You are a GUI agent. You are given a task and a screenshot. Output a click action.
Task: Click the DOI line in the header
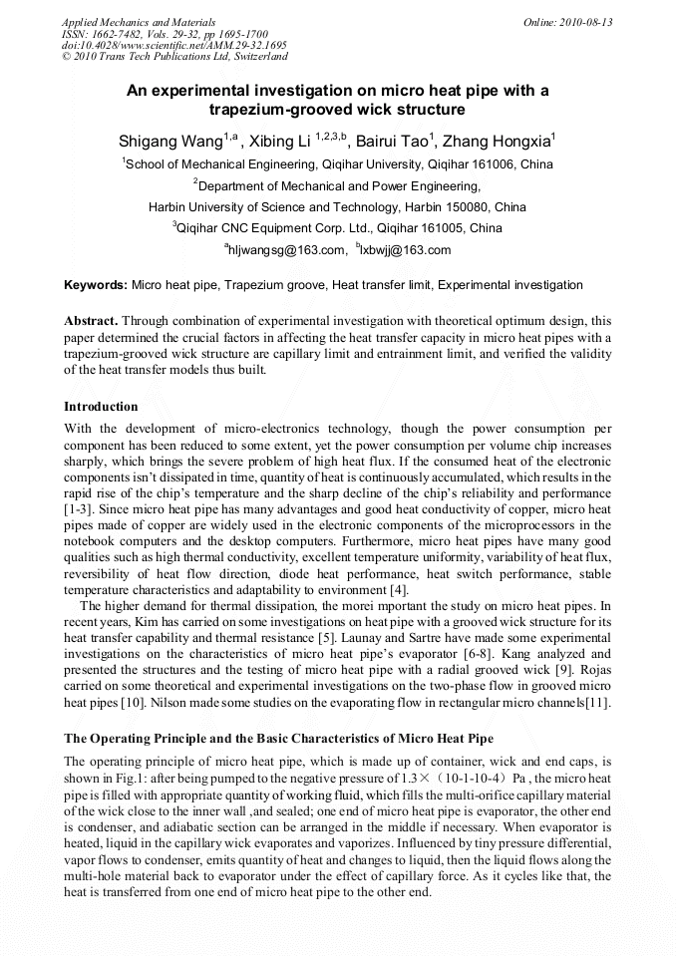point(173,46)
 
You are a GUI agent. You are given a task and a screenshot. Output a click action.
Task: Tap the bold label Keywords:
point(96,285)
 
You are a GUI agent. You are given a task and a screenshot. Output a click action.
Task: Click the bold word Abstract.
point(91,321)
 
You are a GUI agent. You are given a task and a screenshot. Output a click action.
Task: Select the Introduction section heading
point(101,407)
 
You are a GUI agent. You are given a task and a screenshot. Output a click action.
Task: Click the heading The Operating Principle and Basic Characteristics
point(278,739)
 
